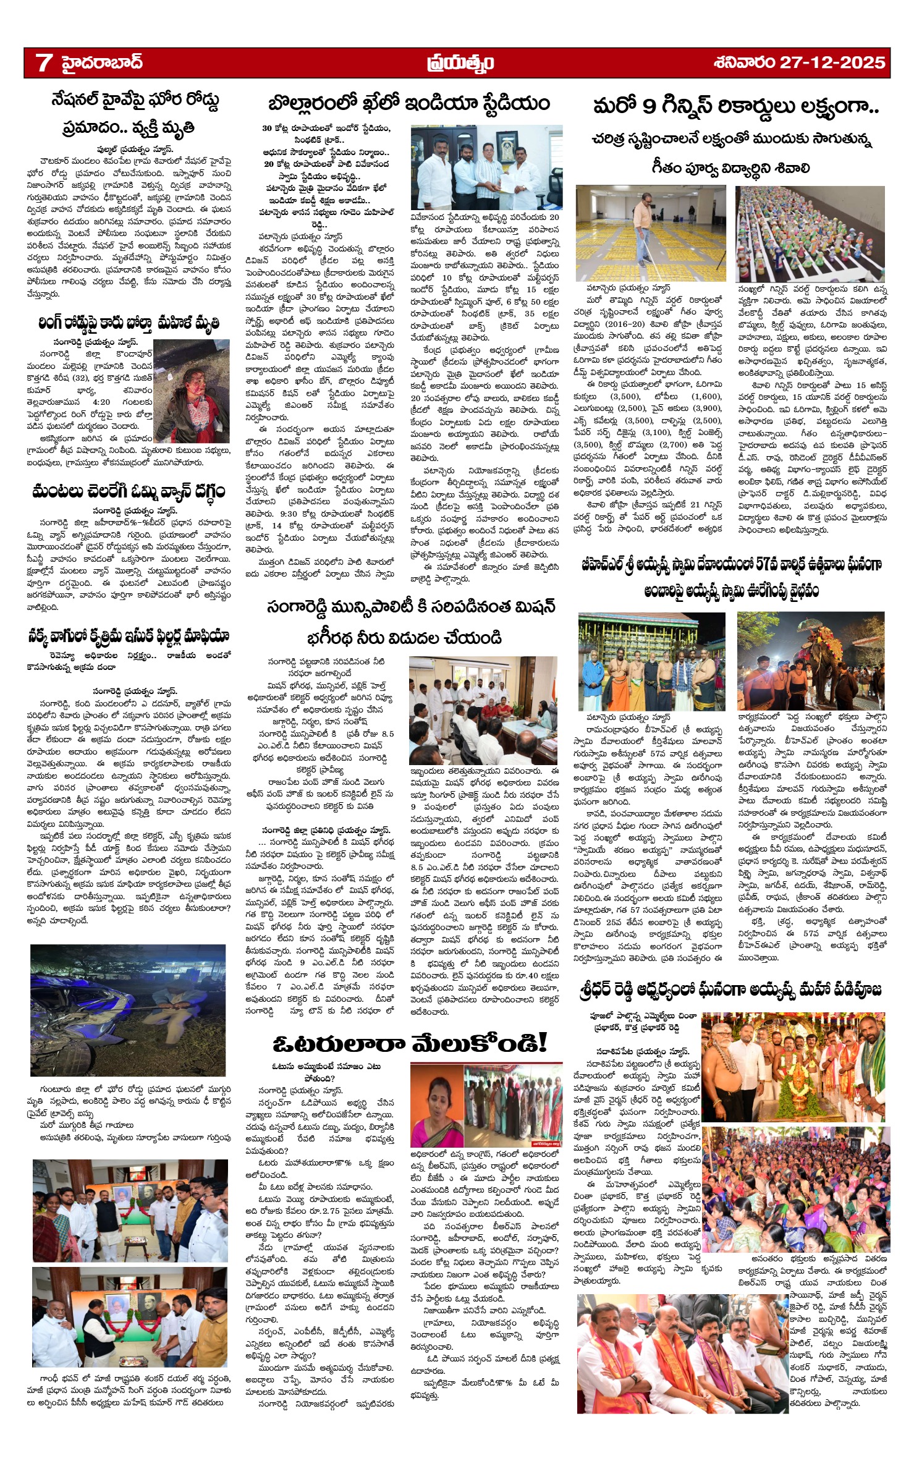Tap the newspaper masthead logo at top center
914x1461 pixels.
coord(460,62)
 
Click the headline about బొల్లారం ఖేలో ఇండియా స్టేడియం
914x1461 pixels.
coord(409,103)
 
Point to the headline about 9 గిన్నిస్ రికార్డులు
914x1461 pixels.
coord(735,106)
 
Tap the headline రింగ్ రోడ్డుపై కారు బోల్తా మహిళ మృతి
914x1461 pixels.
coord(129,323)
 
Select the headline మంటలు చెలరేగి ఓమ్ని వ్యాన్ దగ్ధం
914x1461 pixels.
coord(129,491)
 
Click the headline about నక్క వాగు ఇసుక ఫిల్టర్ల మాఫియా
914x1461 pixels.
coord(129,636)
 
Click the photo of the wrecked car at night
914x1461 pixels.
coord(129,1010)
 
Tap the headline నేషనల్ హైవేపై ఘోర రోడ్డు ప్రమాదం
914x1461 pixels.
coord(135,113)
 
